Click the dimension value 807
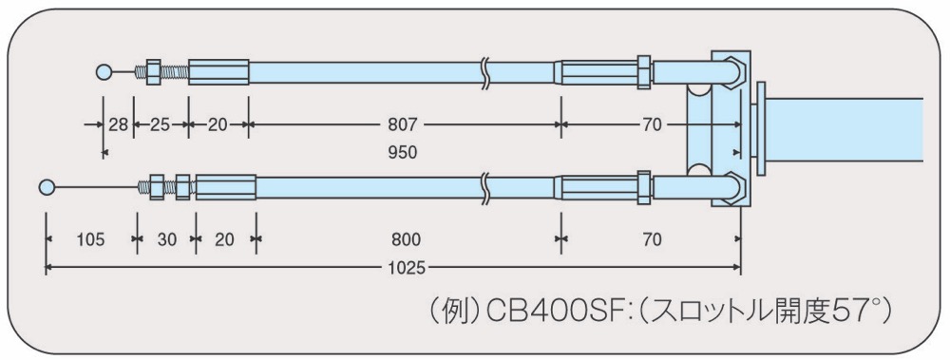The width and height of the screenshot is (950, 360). click(x=402, y=125)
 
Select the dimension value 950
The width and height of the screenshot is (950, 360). click(x=402, y=153)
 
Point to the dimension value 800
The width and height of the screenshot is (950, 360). click(x=406, y=240)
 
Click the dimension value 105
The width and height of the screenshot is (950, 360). click(x=91, y=240)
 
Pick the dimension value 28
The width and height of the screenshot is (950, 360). click(x=119, y=125)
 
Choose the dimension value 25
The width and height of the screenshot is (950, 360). click(x=160, y=125)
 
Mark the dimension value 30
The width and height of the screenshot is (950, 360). click(x=166, y=240)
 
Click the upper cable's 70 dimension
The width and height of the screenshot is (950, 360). click(x=652, y=125)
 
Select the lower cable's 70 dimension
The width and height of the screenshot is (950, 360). click(x=652, y=240)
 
